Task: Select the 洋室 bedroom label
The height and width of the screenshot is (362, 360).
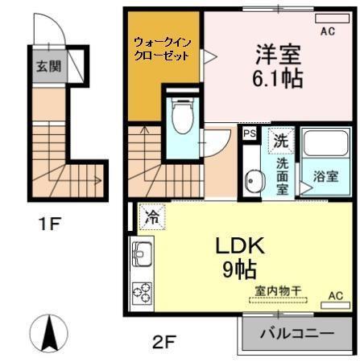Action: tap(278, 55)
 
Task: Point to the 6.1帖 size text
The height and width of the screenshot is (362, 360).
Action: tap(279, 79)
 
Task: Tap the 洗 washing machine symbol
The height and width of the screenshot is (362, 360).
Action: tap(278, 138)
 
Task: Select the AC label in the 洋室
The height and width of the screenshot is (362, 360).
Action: tap(327, 31)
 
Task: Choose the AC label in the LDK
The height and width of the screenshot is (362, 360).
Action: tap(336, 295)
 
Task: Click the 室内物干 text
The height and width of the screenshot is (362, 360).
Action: tap(278, 291)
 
